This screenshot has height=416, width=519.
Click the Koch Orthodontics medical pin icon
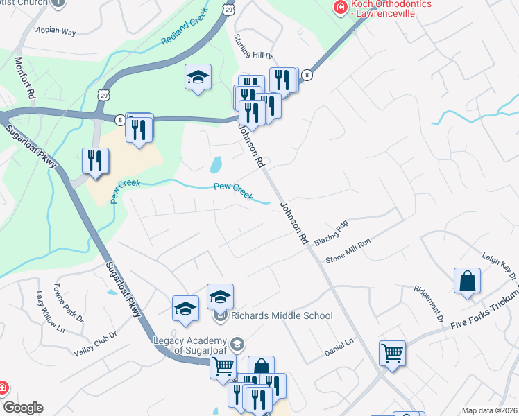point(340,8)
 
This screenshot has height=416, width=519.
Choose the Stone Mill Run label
point(349,251)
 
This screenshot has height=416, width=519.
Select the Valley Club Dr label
point(95,345)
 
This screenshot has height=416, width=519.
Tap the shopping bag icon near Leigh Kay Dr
point(468,281)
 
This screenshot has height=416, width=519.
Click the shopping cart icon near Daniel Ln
point(392,353)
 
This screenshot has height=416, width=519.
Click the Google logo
point(23,408)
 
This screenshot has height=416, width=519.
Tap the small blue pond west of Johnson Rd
point(216,164)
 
